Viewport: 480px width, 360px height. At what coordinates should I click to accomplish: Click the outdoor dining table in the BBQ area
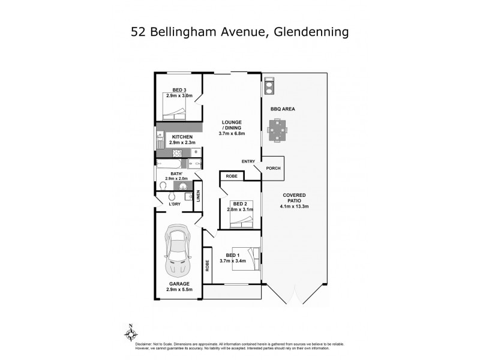pos(277,130)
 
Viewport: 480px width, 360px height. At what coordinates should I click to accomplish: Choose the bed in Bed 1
pos(246,260)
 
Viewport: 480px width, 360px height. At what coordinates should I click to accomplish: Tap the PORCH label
pos(273,169)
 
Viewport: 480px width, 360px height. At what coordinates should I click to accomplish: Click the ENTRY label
pos(248,161)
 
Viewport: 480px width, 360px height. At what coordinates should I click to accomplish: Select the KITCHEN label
pos(181,137)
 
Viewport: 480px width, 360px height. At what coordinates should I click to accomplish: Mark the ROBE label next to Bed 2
pos(231,176)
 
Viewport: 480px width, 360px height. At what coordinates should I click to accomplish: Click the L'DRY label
pos(175,204)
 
